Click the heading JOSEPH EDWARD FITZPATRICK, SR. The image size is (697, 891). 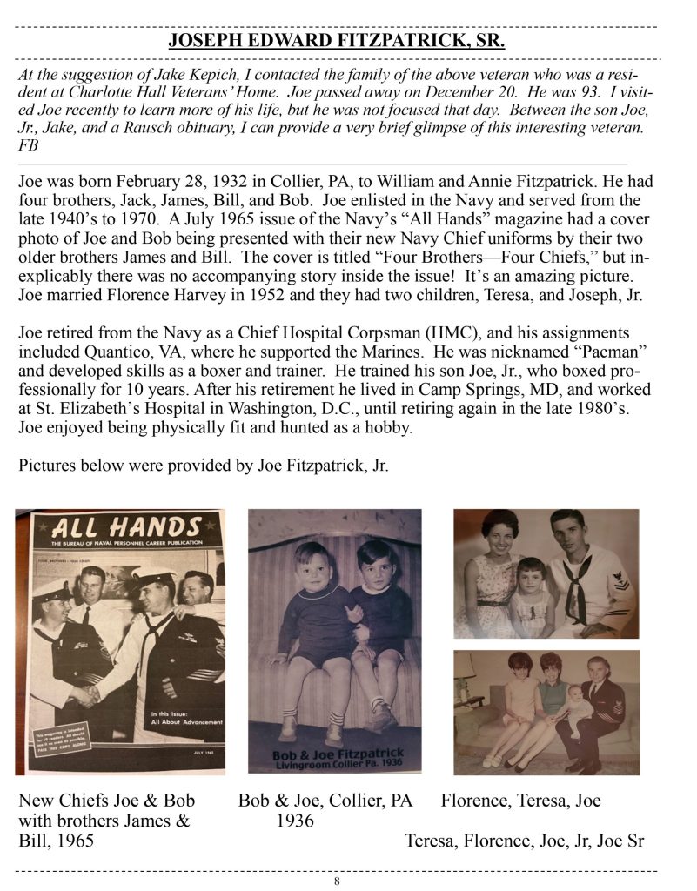point(337,41)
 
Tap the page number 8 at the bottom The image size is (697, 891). point(337,881)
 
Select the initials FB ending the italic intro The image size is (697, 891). point(29,147)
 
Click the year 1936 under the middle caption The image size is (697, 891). point(292,821)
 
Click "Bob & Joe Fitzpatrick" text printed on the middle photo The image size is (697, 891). point(334,754)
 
